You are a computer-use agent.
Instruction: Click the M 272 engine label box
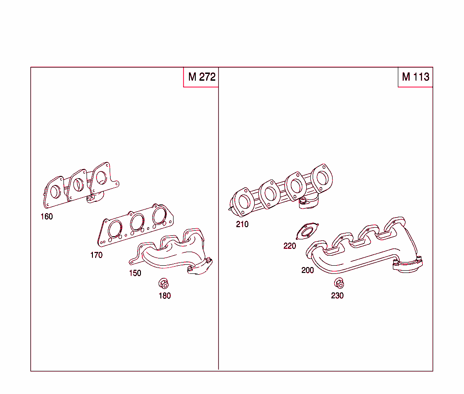click(201, 77)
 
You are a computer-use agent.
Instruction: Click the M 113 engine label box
click(415, 77)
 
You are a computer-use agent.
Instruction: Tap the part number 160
click(47, 217)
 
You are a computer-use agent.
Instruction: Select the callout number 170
click(96, 255)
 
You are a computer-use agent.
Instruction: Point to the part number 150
click(135, 273)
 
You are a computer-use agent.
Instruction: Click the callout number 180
click(164, 296)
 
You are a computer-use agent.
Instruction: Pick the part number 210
click(242, 224)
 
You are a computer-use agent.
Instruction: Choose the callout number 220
click(290, 246)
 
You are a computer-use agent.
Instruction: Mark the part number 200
click(308, 271)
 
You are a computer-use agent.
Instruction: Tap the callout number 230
click(337, 296)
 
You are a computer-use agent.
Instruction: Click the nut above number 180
click(164, 284)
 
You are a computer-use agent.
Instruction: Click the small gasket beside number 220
click(307, 232)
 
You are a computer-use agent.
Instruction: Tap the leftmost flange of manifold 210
click(243, 201)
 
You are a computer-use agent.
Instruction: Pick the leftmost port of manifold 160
click(54, 191)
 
